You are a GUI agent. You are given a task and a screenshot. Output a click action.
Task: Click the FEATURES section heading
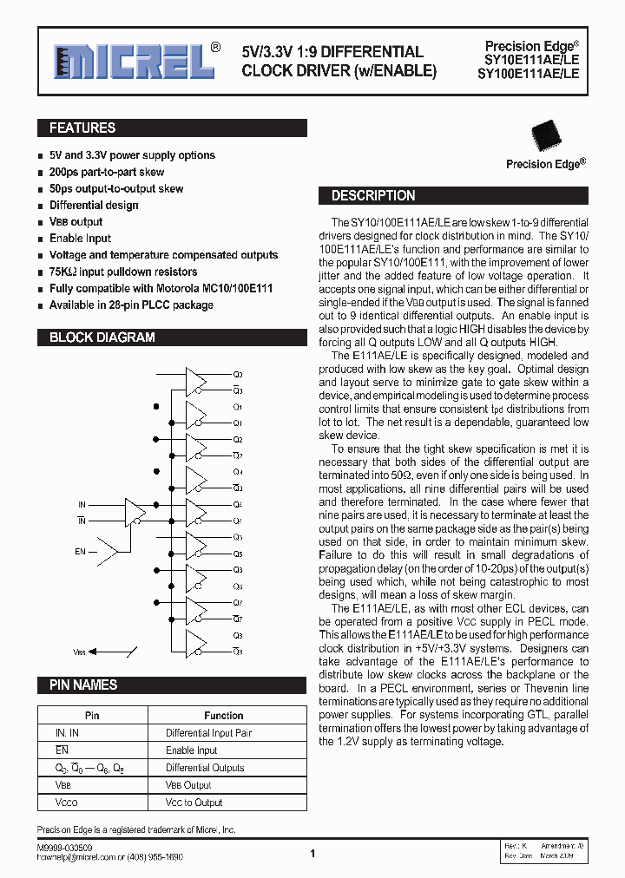(82, 128)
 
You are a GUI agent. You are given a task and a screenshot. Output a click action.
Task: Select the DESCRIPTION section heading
(373, 196)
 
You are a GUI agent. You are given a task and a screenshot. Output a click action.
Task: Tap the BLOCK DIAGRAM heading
(102, 337)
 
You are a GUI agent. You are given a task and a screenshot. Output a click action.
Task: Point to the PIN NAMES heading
(83, 685)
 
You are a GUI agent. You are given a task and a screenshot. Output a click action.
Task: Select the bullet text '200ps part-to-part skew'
(106, 173)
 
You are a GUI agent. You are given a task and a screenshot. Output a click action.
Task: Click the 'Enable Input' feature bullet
(80, 239)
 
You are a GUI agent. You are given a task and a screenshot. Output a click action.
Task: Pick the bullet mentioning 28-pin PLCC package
(131, 305)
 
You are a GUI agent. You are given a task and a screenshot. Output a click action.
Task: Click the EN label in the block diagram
(80, 551)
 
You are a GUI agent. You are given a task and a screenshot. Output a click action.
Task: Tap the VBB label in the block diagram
(80, 652)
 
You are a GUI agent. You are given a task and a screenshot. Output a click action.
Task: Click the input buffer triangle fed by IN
(136, 512)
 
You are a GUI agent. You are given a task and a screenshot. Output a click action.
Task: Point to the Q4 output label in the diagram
(238, 504)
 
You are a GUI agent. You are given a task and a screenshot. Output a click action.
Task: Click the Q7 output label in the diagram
(238, 602)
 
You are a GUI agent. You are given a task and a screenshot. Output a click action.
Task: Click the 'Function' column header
(223, 716)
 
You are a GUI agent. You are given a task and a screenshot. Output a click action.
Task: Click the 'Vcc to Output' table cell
(194, 803)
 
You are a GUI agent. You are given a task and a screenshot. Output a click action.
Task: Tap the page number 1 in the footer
(312, 854)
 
